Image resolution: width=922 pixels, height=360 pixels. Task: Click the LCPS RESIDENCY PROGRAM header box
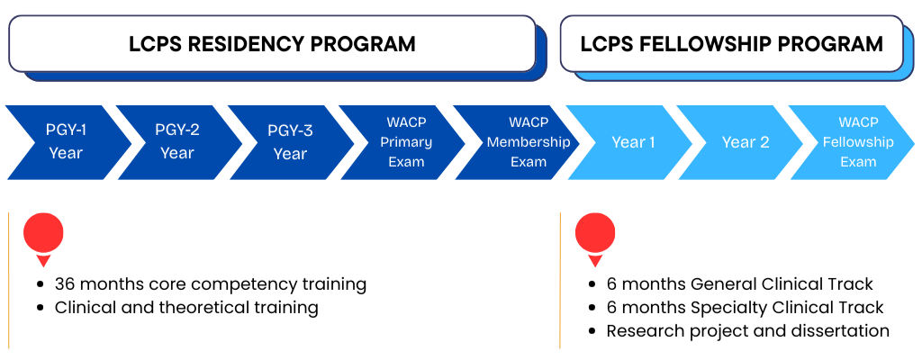[x=272, y=43]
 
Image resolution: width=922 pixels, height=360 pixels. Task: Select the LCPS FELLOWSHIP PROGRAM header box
[x=731, y=43]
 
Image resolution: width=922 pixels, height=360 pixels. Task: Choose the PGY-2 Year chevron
[x=177, y=142]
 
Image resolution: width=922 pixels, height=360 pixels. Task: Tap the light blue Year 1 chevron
[x=633, y=142]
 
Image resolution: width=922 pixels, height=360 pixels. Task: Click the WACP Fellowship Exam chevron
[x=857, y=142]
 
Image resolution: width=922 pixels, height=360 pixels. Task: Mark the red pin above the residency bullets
[x=43, y=236]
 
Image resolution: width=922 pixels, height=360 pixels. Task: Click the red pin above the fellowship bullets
[x=595, y=236]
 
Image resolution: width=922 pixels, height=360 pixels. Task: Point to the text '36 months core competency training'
[x=211, y=284]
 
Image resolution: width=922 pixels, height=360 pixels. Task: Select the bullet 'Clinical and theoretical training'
[x=186, y=308]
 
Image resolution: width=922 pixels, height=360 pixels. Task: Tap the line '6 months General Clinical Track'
[x=740, y=284]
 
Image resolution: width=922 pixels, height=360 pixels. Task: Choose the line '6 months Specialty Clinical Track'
[x=746, y=308]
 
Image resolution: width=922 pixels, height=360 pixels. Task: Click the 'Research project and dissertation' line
[x=747, y=331]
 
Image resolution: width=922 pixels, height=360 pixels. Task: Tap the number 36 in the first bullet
[x=65, y=284]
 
